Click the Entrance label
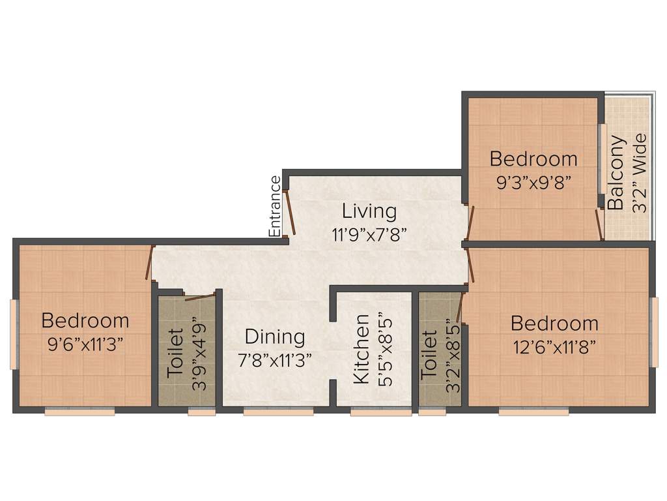click(276, 206)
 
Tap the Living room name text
click(369, 211)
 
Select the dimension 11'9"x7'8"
click(369, 235)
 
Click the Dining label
click(274, 337)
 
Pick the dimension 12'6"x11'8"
click(554, 346)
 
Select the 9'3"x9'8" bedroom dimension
click(533, 182)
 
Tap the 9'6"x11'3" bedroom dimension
click(85, 344)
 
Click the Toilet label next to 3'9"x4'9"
click(175, 354)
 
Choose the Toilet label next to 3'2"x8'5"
click(429, 356)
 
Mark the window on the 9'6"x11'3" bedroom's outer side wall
click(12, 334)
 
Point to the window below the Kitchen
click(381, 412)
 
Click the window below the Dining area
click(278, 412)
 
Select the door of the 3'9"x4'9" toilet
click(199, 298)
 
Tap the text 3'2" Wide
click(640, 173)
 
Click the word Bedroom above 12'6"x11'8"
click(554, 324)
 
